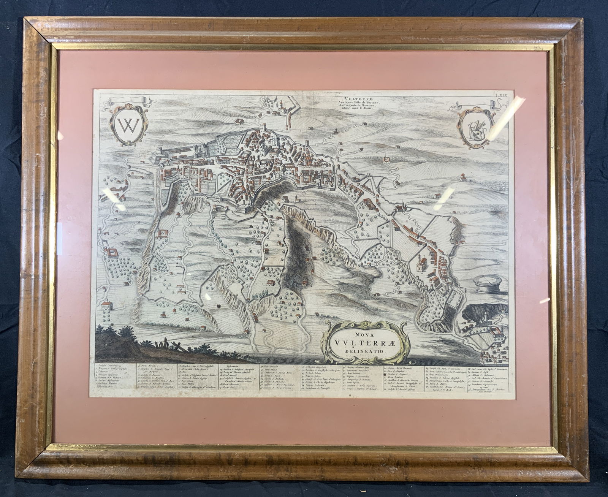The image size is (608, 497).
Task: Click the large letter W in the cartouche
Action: [127, 124]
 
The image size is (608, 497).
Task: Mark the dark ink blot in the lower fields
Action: [218, 305]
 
